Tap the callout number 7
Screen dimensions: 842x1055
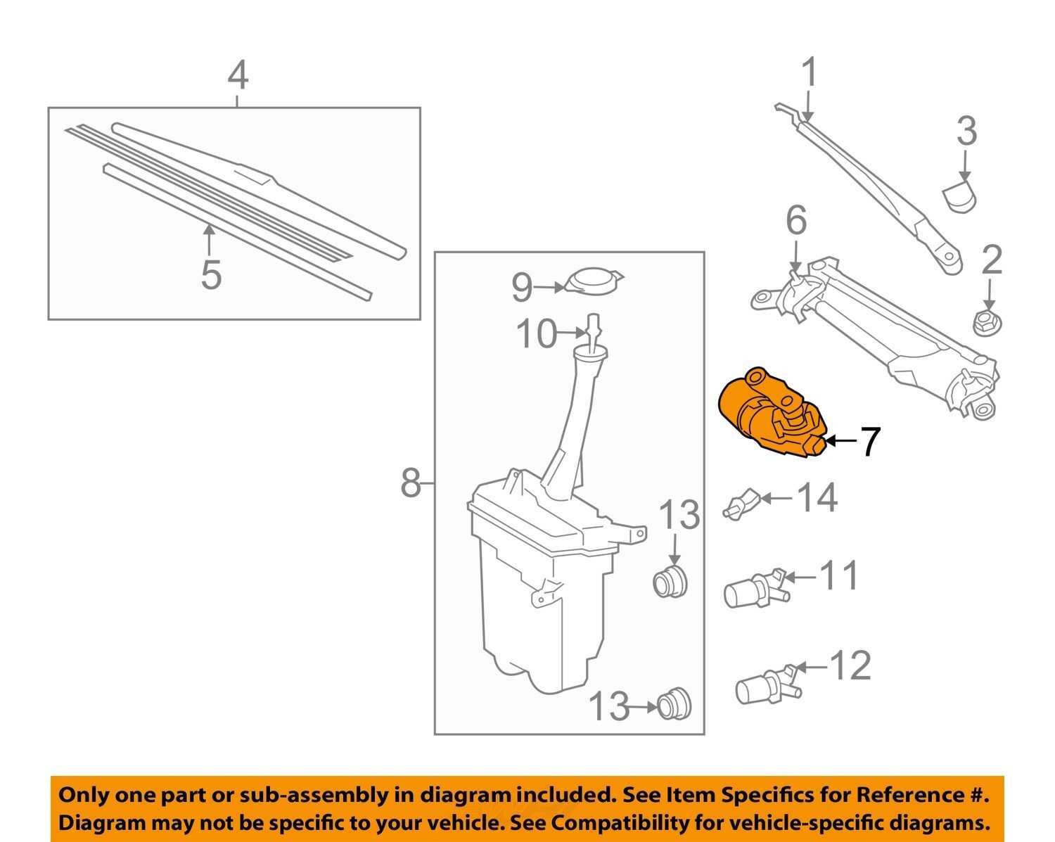pyautogui.click(x=870, y=442)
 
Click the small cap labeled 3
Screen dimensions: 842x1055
pyautogui.click(x=960, y=195)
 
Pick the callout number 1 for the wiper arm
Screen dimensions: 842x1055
pyautogui.click(x=810, y=73)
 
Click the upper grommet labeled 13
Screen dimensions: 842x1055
pyautogui.click(x=670, y=581)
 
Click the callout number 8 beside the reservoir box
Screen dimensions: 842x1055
pyautogui.click(x=411, y=483)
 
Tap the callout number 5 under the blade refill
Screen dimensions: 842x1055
pyautogui.click(x=211, y=274)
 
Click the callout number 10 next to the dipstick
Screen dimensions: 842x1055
pyautogui.click(x=536, y=334)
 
